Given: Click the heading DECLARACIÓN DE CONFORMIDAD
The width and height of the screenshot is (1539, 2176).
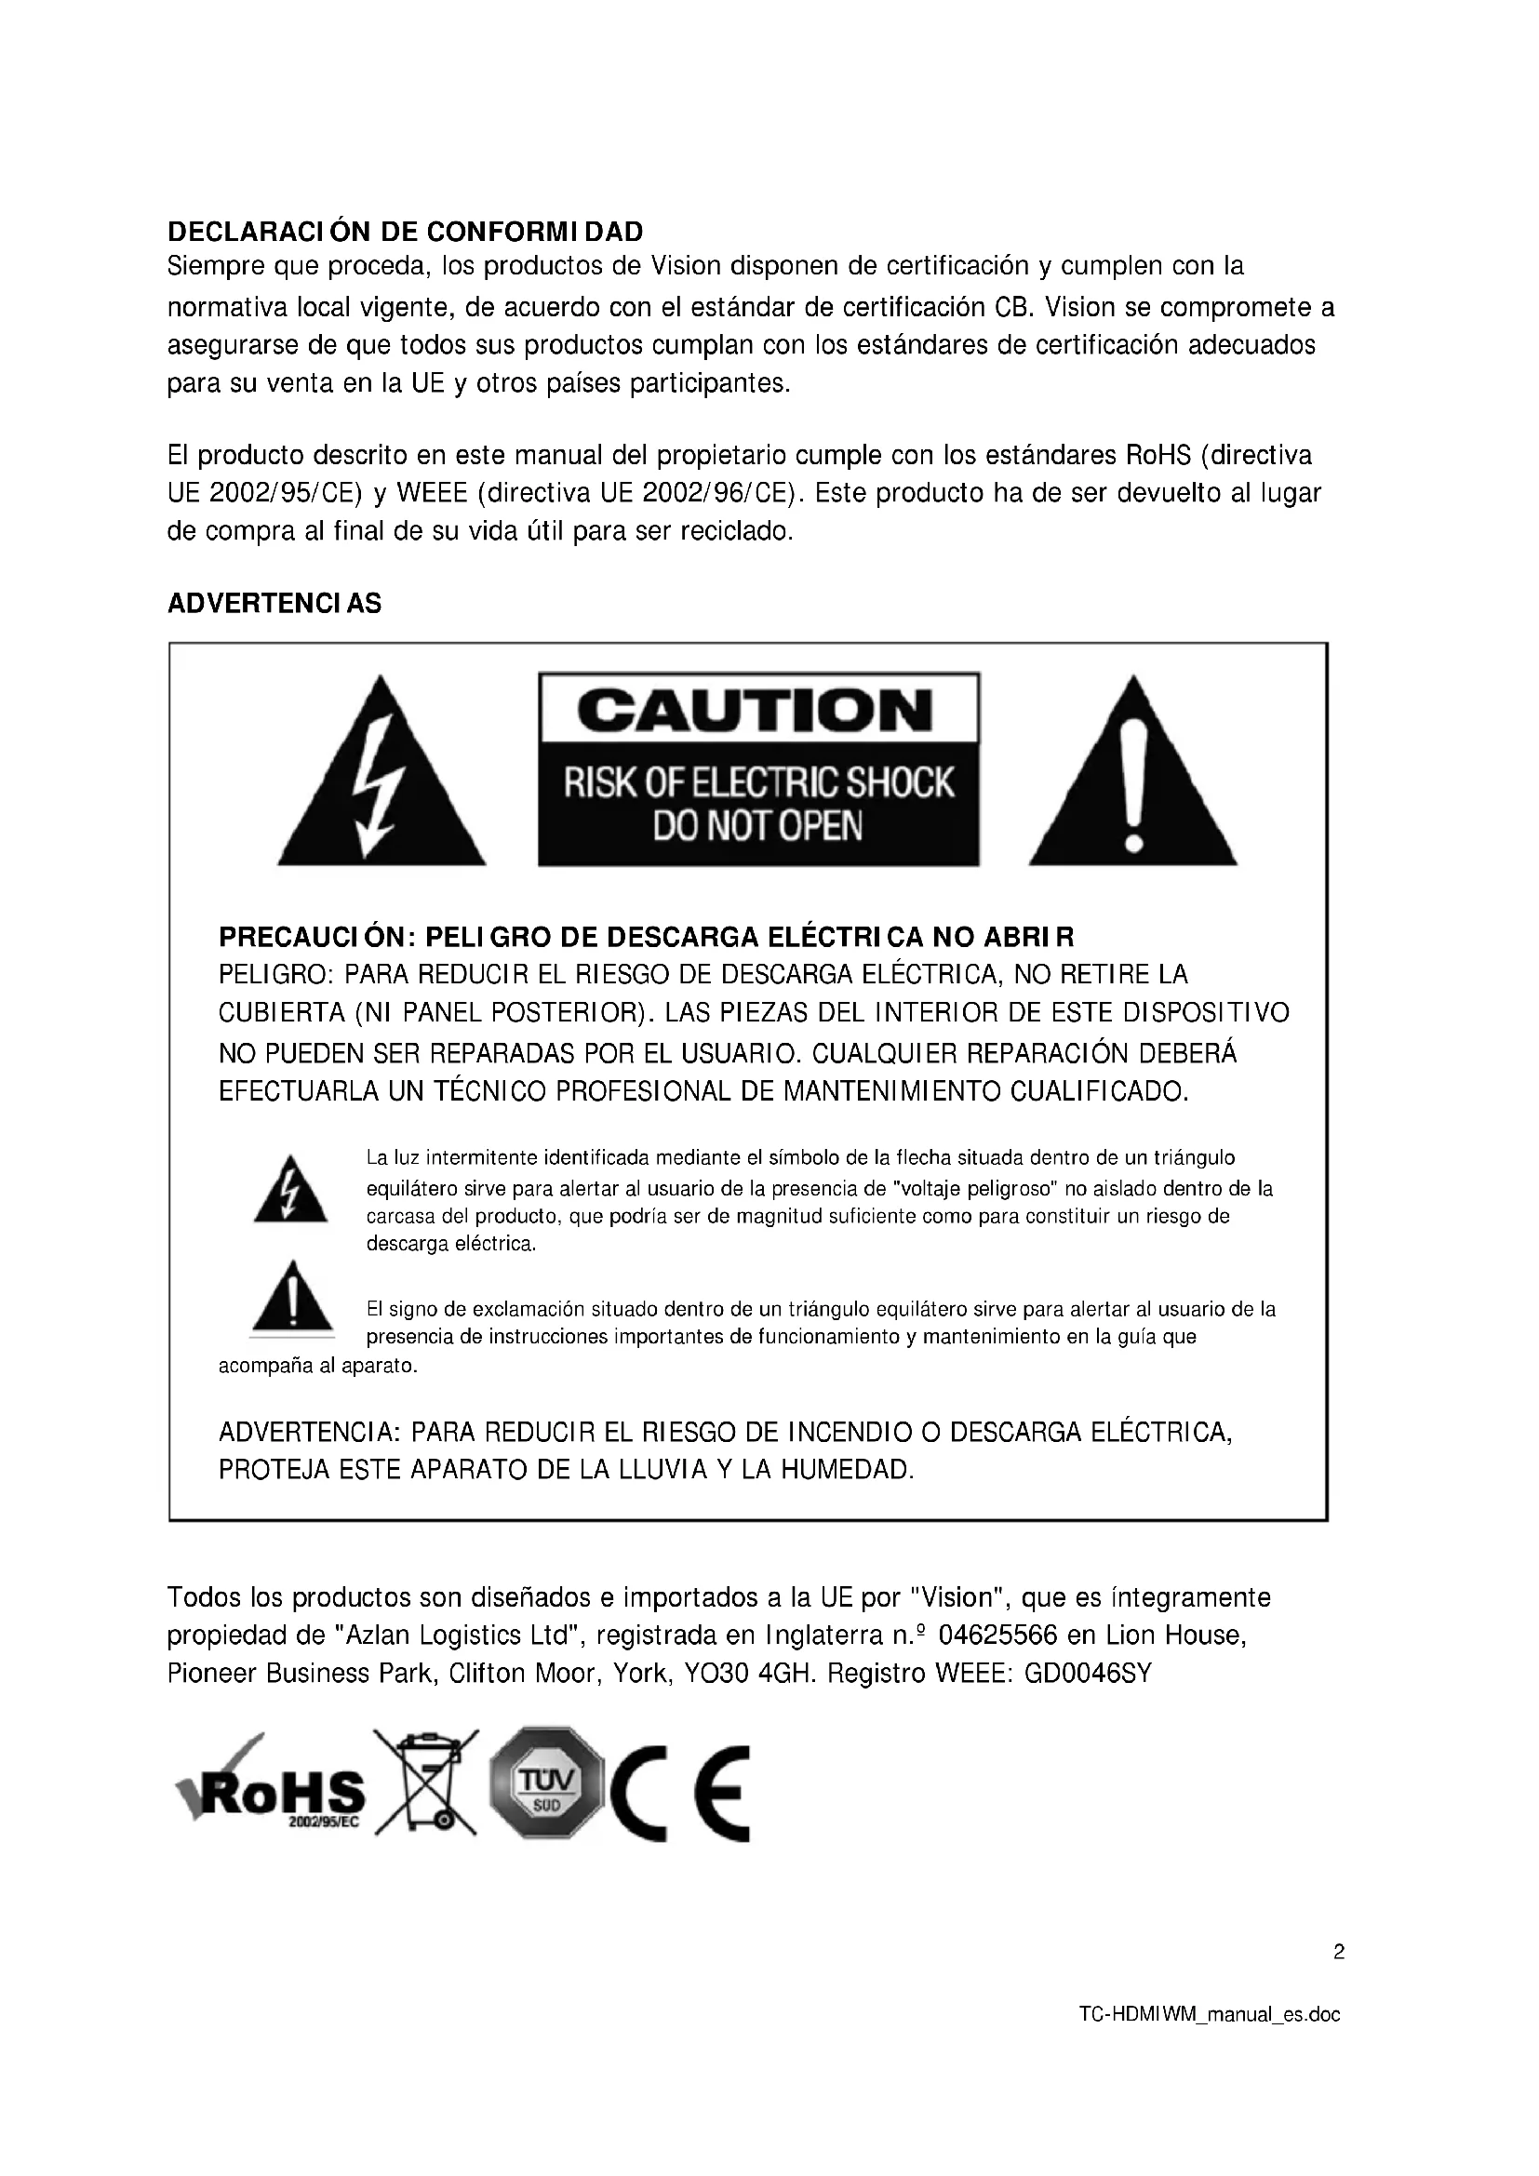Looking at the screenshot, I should [x=405, y=232].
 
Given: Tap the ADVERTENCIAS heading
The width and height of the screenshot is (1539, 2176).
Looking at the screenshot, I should [x=274, y=604].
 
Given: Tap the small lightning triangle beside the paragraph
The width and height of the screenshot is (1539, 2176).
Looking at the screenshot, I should [x=290, y=1192].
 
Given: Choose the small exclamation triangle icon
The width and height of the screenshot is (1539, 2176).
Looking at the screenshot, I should [x=292, y=1299].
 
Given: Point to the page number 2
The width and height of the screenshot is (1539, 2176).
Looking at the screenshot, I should [x=1338, y=1953].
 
